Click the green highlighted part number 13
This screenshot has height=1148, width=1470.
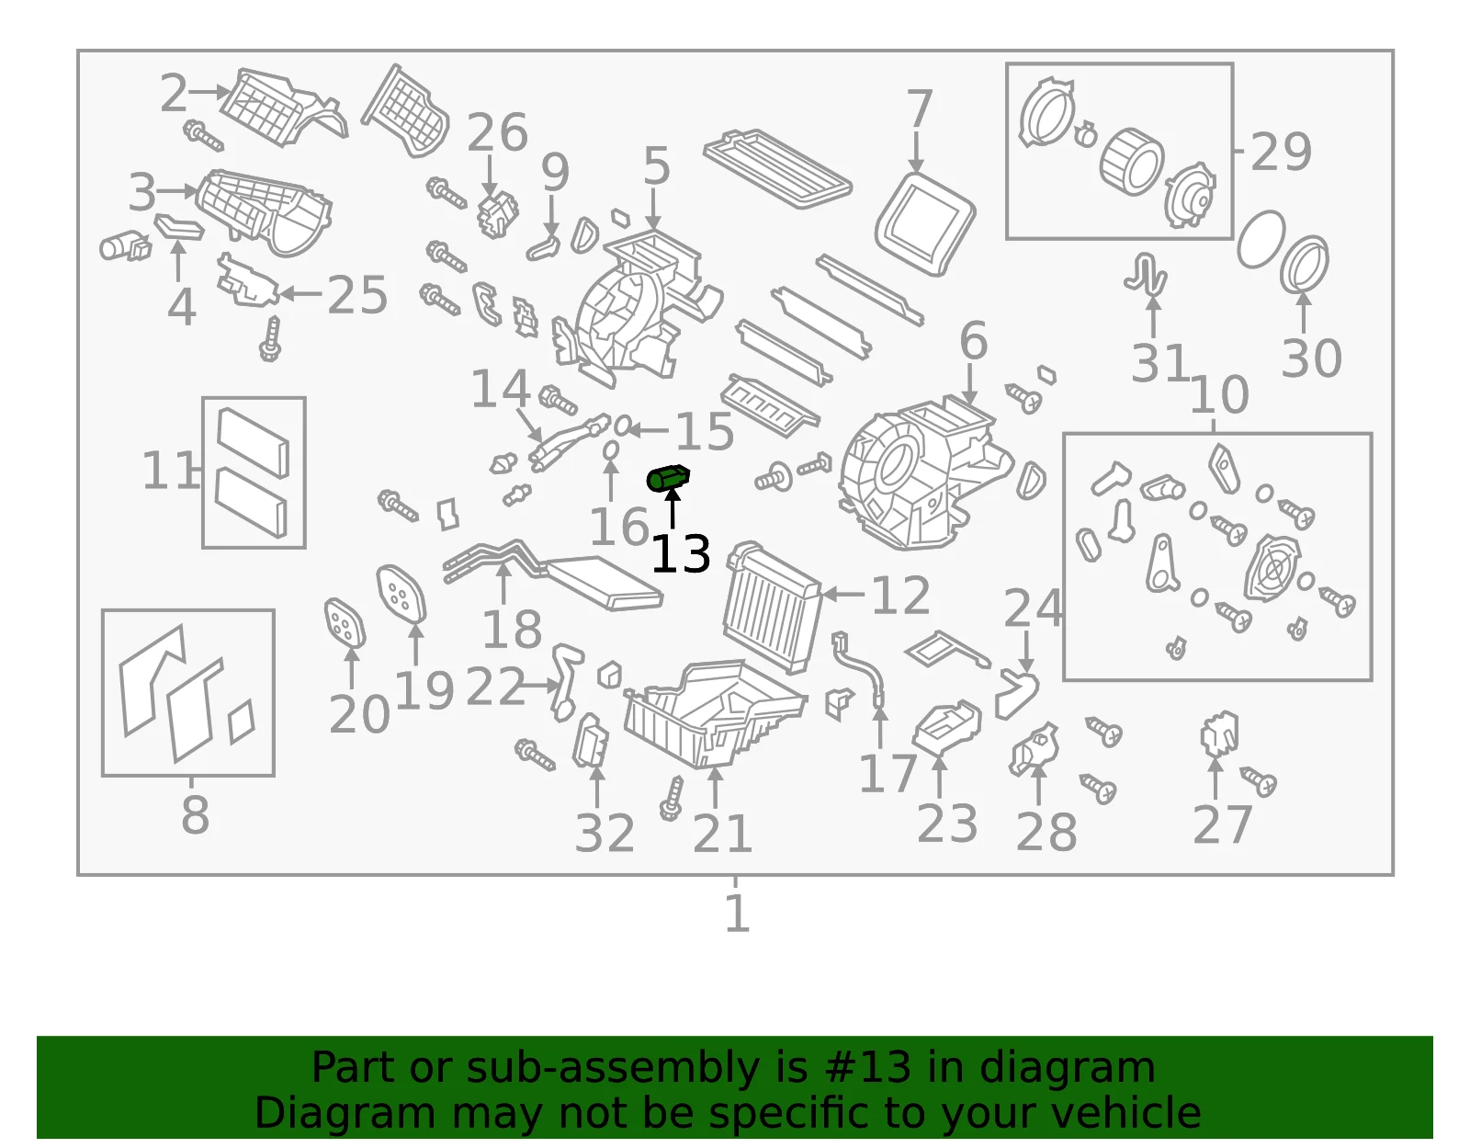tap(668, 478)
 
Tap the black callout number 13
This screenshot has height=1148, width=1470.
tap(680, 554)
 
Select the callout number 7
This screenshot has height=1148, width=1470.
tap(919, 108)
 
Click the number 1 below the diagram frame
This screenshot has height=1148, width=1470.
tap(737, 913)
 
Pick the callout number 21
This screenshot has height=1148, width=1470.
tap(722, 834)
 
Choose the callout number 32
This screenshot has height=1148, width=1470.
tap(605, 833)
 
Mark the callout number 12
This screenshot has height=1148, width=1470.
tap(900, 595)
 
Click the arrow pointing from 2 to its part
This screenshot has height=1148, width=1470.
tap(209, 91)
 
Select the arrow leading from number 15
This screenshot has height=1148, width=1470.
tap(648, 429)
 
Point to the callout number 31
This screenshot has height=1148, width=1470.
tap(1159, 362)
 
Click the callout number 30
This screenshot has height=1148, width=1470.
tap(1311, 358)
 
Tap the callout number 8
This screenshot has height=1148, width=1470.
tap(196, 815)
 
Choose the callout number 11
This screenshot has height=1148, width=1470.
tap(169, 471)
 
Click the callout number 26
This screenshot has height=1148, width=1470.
tap(497, 132)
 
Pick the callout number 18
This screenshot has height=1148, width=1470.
tap(512, 629)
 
